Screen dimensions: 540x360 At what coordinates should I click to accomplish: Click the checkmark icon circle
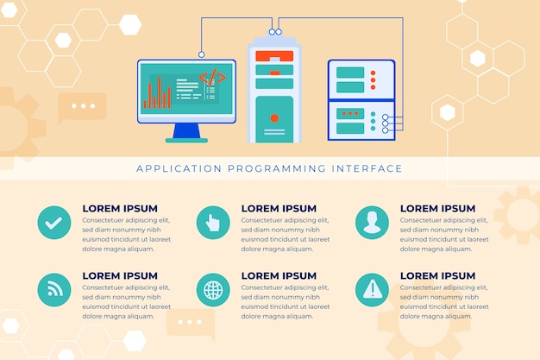(x=54, y=223)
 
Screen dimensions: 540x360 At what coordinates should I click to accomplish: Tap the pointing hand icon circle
(x=213, y=223)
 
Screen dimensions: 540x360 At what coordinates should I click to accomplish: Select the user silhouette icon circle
(x=372, y=223)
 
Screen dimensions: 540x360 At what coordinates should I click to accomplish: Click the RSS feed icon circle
(x=54, y=290)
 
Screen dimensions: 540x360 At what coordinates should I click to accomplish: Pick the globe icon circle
(x=213, y=290)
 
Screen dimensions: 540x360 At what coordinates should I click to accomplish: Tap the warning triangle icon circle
(x=372, y=290)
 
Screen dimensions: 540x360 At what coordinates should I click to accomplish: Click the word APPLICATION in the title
(x=179, y=168)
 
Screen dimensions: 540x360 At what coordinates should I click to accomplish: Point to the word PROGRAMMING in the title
(x=277, y=168)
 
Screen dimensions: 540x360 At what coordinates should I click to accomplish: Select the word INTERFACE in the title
(x=367, y=168)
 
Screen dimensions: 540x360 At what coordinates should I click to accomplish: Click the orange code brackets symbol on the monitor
(x=212, y=77)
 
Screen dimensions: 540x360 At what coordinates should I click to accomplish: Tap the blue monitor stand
(x=186, y=131)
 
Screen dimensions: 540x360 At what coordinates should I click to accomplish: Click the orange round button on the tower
(x=274, y=118)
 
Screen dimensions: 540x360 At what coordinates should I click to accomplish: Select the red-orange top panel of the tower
(x=274, y=56)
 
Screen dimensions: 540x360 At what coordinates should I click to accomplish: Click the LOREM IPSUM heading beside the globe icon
(x=279, y=276)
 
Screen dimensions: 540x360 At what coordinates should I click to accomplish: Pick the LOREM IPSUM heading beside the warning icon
(x=437, y=276)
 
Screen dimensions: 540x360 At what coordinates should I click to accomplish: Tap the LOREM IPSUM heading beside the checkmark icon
(x=120, y=209)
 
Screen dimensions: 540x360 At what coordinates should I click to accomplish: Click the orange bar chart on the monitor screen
(x=157, y=92)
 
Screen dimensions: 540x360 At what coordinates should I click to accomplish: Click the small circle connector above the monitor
(x=202, y=54)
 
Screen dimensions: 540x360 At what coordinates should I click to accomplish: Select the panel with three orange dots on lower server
(x=350, y=113)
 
